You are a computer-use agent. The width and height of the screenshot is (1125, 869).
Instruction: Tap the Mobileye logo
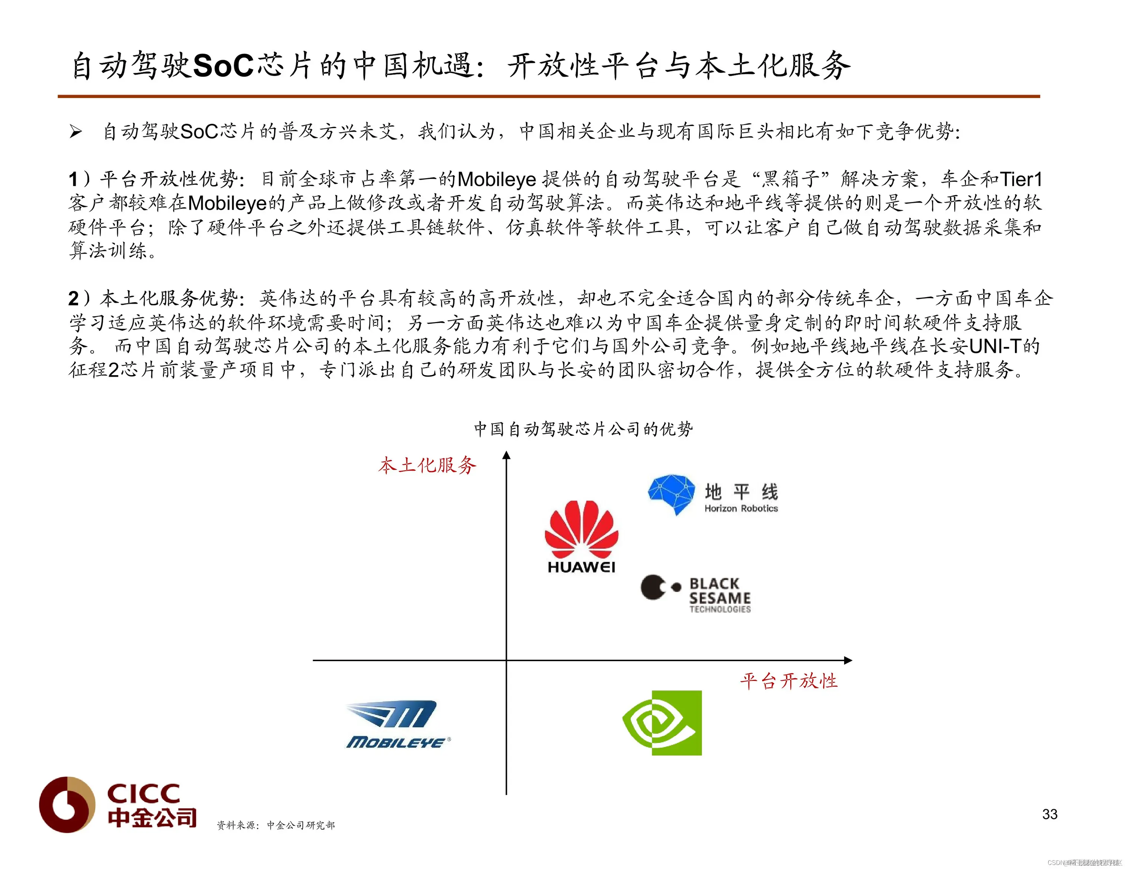[x=398, y=724]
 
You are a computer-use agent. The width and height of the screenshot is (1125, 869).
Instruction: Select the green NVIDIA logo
[x=663, y=723]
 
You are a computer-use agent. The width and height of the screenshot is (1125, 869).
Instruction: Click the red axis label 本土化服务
[x=427, y=466]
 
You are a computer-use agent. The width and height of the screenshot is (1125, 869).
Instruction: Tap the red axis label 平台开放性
[x=789, y=681]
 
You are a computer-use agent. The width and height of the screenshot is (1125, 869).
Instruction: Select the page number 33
[x=1049, y=814]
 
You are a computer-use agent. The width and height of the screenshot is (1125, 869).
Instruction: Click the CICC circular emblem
[x=67, y=804]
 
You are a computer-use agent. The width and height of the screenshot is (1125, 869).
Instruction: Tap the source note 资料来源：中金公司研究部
[x=276, y=825]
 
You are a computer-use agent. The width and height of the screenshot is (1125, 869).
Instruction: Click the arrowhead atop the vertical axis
[x=506, y=455]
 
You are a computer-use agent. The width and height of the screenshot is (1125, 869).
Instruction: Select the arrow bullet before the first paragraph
[x=76, y=132]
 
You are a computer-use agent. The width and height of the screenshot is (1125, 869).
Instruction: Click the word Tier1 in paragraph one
[x=1021, y=179]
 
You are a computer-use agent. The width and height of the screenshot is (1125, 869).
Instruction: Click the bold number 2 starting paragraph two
[x=74, y=299]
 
